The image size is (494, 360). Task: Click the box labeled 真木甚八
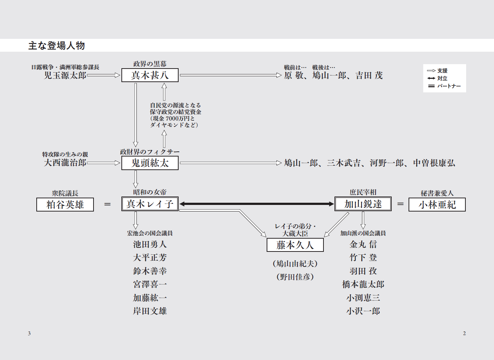click(150, 75)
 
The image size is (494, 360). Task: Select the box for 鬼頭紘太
click(150, 163)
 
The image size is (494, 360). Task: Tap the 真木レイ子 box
click(150, 204)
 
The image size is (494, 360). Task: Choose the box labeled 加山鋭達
click(363, 204)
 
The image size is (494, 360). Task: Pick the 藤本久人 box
click(295, 245)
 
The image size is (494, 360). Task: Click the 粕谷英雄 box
click(65, 205)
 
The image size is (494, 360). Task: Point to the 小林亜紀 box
click(437, 205)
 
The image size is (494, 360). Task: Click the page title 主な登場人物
click(56, 45)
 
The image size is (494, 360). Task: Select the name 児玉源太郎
click(65, 76)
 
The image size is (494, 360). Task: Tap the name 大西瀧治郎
click(65, 163)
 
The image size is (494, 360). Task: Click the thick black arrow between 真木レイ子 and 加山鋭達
click(256, 204)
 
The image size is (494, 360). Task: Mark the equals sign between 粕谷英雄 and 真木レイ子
click(107, 204)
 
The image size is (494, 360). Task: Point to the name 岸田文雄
click(150, 311)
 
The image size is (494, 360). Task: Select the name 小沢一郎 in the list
click(363, 311)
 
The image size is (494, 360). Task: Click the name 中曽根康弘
click(434, 163)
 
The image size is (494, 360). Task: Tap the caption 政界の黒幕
click(150, 64)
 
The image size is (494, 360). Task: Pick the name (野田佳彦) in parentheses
click(295, 277)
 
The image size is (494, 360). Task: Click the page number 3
click(29, 333)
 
